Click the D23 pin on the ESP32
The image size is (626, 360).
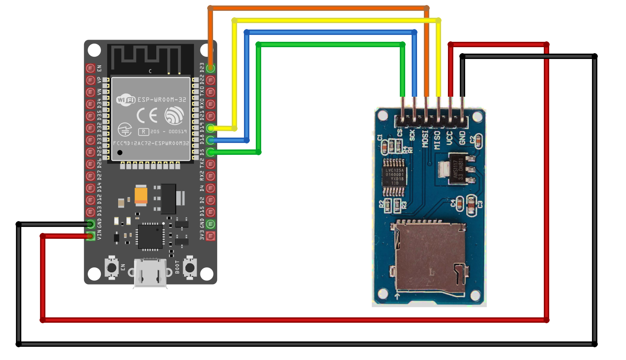click(210, 69)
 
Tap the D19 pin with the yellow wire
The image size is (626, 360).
click(210, 128)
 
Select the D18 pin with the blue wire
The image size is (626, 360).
click(210, 140)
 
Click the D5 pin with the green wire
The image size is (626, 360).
click(210, 152)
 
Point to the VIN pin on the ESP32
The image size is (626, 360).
click(90, 236)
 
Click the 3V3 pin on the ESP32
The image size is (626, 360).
click(210, 236)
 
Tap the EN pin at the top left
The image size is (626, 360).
click(90, 69)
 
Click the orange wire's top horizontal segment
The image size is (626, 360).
click(318, 8)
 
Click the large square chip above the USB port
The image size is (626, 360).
click(150, 236)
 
